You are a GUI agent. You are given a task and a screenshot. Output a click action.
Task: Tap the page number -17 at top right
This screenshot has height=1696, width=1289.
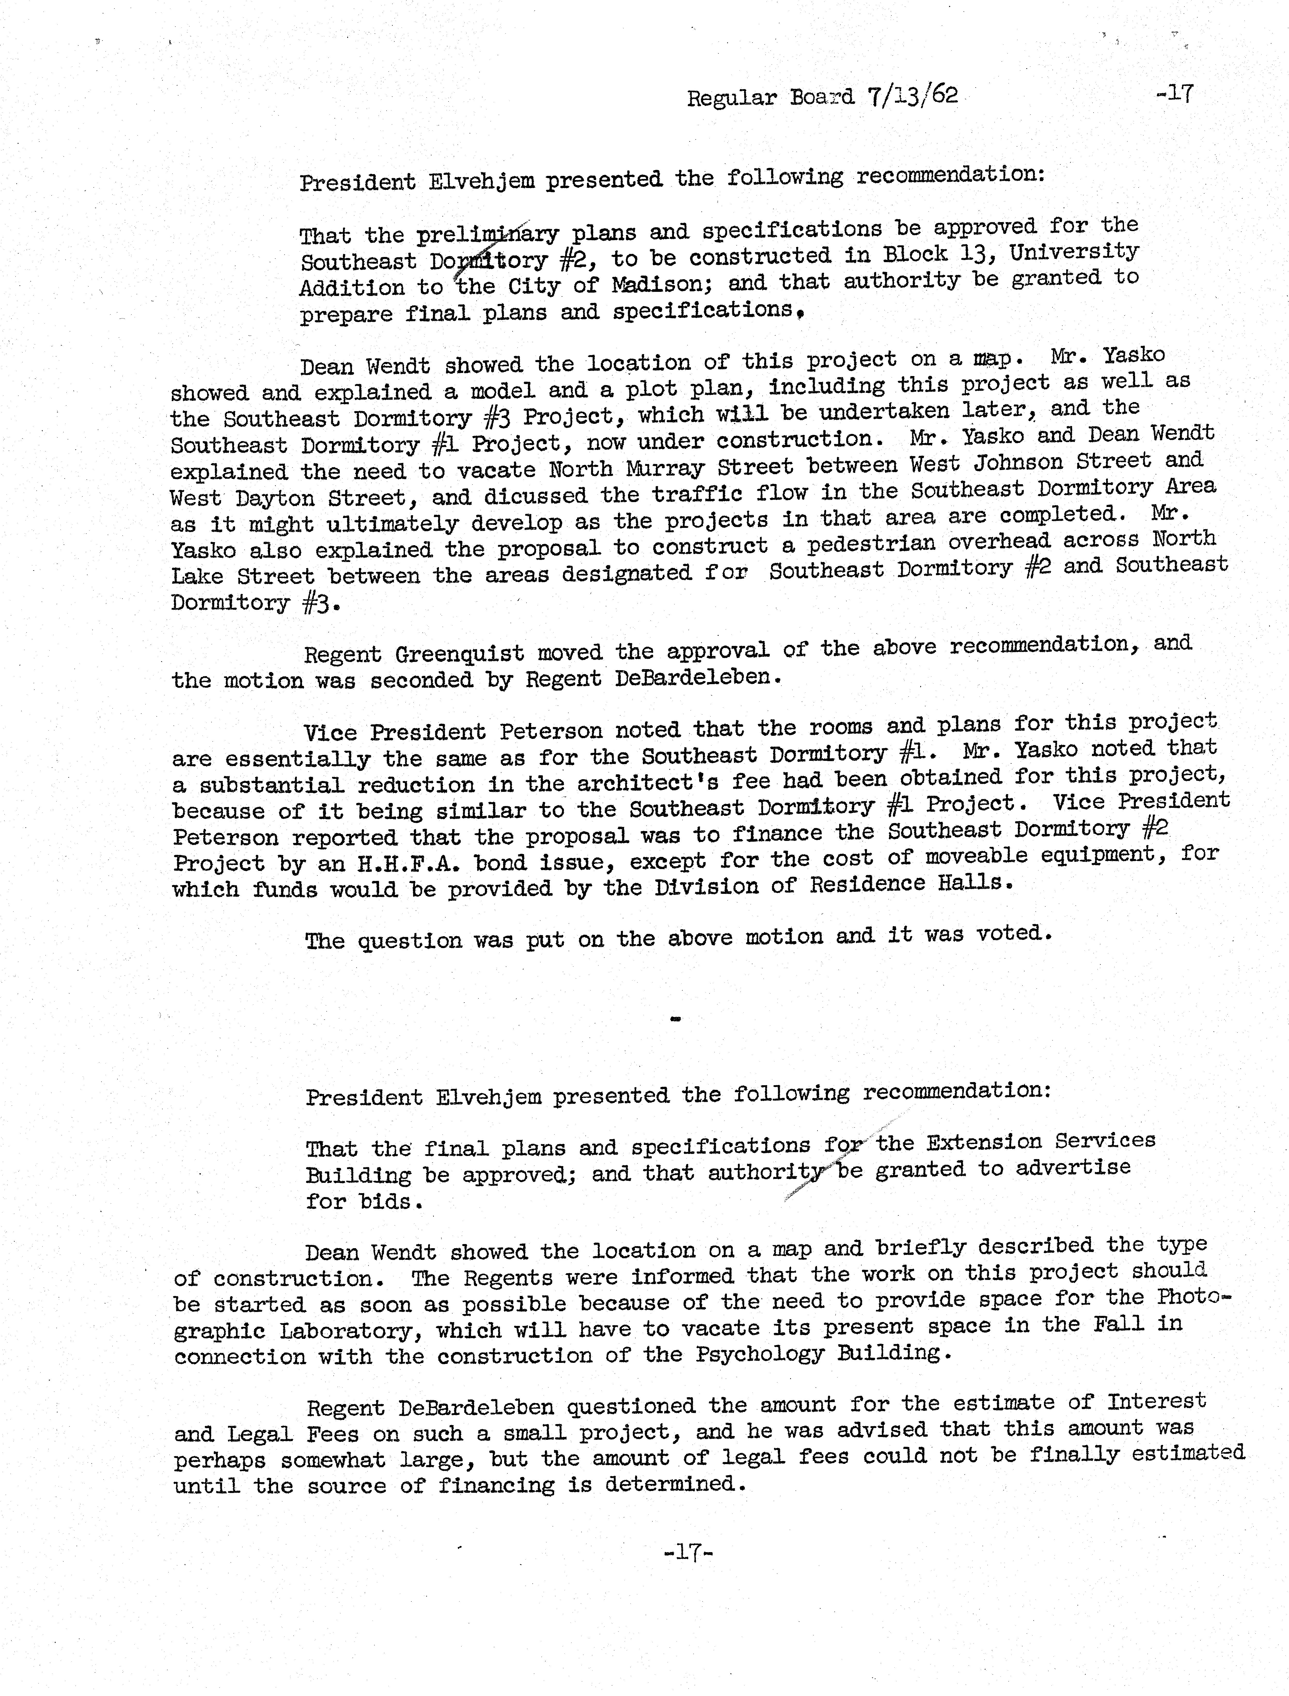1174,94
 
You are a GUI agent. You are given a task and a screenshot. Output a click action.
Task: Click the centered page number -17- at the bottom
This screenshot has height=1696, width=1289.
688,1552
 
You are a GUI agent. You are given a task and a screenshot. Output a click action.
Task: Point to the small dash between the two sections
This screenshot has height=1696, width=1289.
675,1019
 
